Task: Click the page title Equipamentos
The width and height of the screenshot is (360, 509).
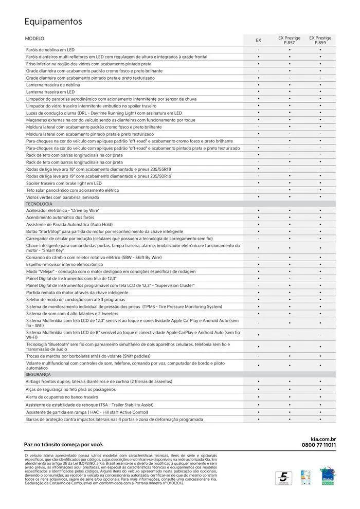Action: pyautogui.click(x=53, y=22)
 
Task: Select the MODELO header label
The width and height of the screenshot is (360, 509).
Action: pyautogui.click(x=34, y=39)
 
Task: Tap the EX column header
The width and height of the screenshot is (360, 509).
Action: pyautogui.click(x=258, y=40)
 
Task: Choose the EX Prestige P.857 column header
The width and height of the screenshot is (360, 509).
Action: pyautogui.click(x=289, y=40)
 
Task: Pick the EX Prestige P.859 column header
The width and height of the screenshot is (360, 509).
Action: pyautogui.click(x=320, y=40)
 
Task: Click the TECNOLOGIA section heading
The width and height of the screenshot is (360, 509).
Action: pyautogui.click(x=39, y=204)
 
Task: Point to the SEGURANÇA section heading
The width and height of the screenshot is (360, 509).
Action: pyautogui.click(x=39, y=374)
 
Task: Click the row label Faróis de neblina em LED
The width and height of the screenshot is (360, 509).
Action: pyautogui.click(x=50, y=49)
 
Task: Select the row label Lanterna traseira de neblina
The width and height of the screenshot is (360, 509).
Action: pyautogui.click(x=53, y=85)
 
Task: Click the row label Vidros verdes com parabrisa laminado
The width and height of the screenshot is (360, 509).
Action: pyautogui.click(x=62, y=197)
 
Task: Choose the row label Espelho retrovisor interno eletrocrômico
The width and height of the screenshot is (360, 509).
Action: pyautogui.click(x=64, y=264)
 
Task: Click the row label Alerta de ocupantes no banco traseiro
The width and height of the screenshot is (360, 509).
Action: pyautogui.click(x=62, y=397)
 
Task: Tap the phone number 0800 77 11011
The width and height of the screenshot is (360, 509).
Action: pyautogui.click(x=318, y=445)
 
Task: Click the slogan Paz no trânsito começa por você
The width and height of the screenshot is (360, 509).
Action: pyautogui.click(x=64, y=444)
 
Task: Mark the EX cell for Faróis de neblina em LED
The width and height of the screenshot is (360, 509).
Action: pyautogui.click(x=258, y=49)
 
